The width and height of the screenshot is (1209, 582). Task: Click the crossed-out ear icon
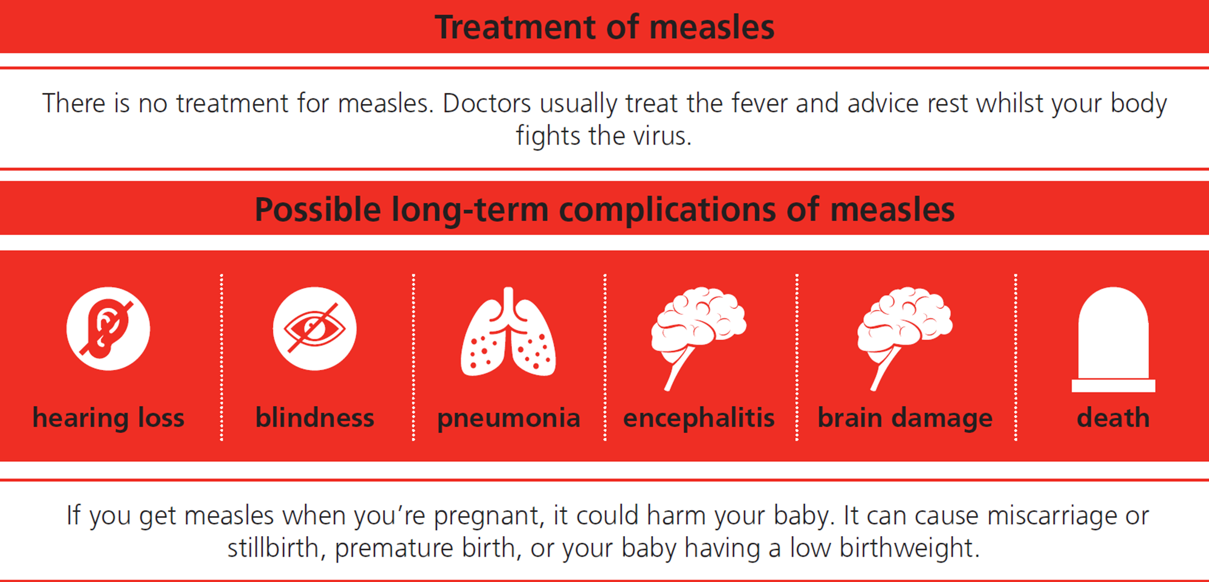[108, 329]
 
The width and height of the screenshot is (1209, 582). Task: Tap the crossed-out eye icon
[314, 329]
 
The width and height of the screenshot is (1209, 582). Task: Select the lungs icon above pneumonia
[508, 331]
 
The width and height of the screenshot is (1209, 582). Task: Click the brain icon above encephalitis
[699, 338]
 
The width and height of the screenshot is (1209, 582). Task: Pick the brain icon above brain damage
[905, 338]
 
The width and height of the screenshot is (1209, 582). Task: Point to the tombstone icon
[1113, 340]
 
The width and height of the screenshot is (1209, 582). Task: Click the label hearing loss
[108, 418]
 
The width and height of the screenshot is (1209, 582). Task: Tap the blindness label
[315, 418]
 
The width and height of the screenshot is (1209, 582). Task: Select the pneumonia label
[508, 419]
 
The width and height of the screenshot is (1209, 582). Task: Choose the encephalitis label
[699, 418]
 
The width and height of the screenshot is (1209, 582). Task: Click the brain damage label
[905, 418]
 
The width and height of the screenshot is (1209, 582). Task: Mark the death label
[1113, 418]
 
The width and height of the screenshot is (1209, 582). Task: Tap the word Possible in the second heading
[318, 210]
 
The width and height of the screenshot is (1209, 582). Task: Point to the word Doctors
[487, 103]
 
